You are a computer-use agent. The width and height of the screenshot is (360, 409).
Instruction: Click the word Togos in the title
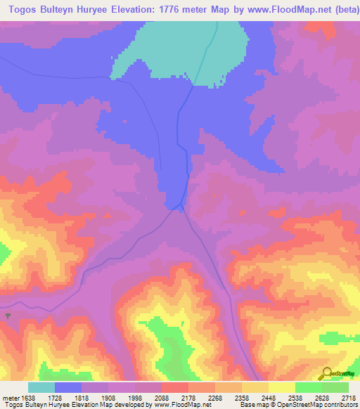20,10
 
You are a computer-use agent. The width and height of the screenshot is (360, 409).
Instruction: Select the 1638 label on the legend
26,397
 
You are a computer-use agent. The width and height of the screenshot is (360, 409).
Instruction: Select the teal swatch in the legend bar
41,387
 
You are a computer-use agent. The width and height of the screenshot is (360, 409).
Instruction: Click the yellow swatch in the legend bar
282,387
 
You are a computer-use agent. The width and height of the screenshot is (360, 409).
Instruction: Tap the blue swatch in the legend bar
68,387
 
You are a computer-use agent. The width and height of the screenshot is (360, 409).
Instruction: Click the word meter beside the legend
9,397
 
